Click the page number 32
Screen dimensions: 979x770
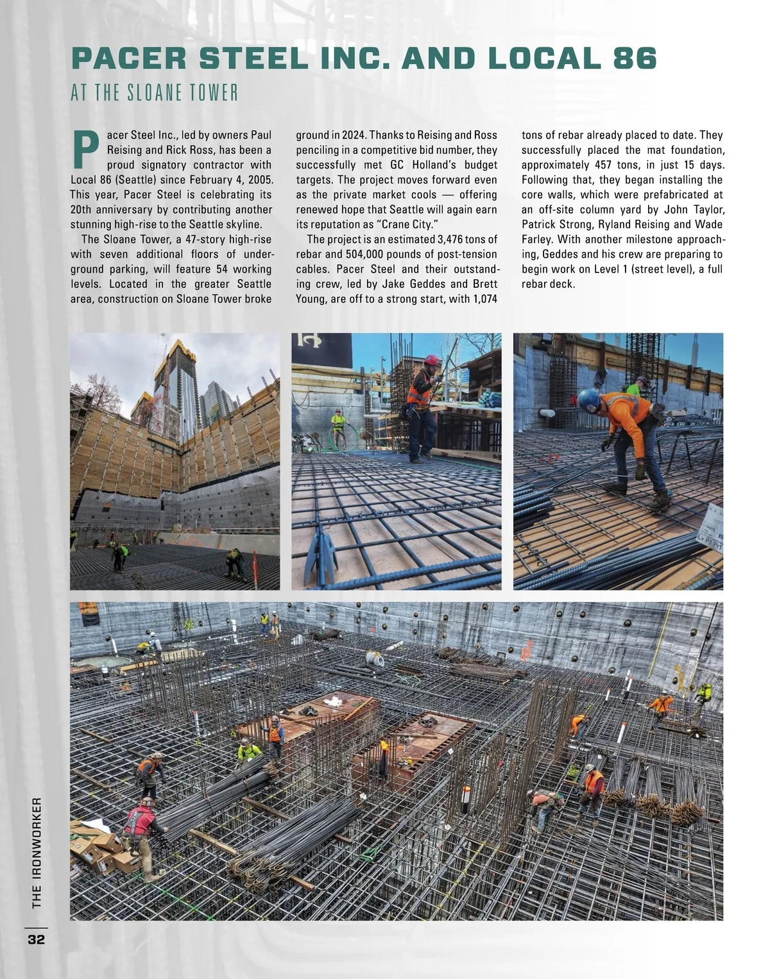click(36, 940)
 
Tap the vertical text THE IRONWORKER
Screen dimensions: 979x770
click(37, 852)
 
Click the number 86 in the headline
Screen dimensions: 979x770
click(635, 58)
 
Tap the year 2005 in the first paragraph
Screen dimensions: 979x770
click(260, 180)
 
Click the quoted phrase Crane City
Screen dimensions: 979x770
click(400, 225)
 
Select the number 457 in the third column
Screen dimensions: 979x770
click(603, 165)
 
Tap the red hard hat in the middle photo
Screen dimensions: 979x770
click(433, 361)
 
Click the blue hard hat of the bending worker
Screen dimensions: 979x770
click(587, 401)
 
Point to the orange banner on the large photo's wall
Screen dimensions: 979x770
click(89, 613)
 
